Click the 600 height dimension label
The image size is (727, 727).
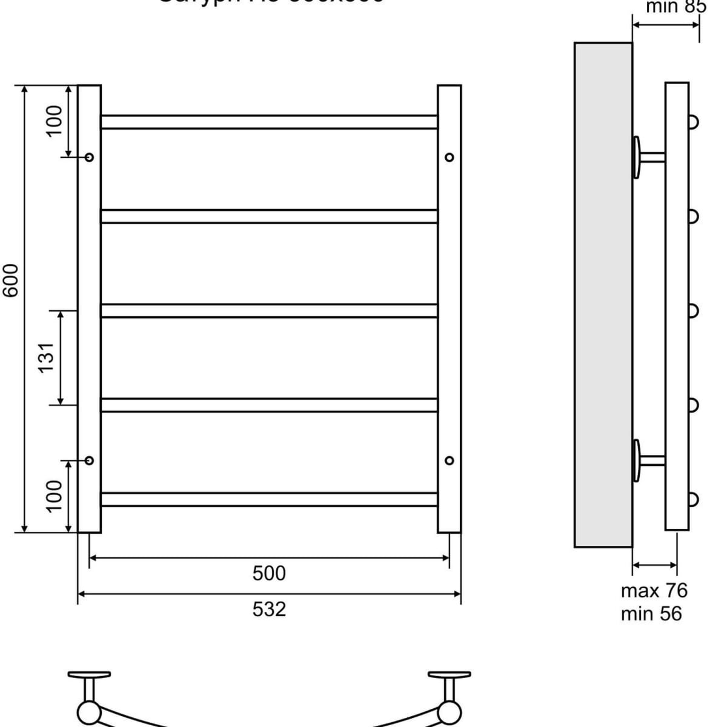coord(12,280)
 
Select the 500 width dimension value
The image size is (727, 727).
coord(269,573)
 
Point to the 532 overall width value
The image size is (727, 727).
coord(269,609)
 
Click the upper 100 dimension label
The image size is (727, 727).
coord(55,120)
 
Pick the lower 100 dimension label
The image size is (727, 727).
coord(55,495)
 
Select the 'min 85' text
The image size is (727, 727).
coord(676,7)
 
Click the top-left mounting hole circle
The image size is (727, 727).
coord(90,158)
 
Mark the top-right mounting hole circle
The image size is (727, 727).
coord(449,158)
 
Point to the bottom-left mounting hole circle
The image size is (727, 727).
coord(90,460)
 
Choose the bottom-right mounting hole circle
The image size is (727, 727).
coord(449,460)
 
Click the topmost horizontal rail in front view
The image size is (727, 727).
coord(269,122)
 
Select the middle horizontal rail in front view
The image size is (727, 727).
coord(269,311)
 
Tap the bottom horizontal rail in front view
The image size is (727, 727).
coord(269,499)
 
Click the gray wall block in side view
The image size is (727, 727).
coord(603,295)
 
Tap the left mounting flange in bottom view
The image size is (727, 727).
coord(89,674)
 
